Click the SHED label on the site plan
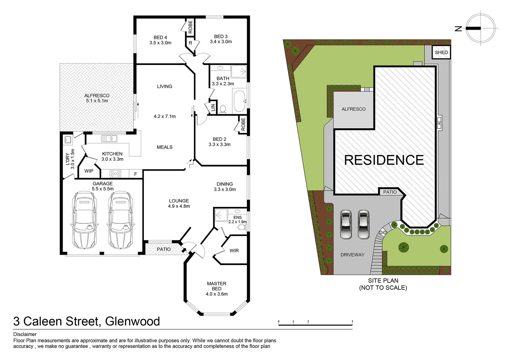[x=441, y=52]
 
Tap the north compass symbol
[x=480, y=28]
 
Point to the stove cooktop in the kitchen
[x=115, y=174]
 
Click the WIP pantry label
[x=89, y=171]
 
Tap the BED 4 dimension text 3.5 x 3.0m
[x=160, y=43]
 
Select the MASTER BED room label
[x=217, y=286]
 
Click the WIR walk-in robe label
[x=234, y=250]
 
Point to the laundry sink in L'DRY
[x=68, y=139]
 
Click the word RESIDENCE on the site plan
[x=384, y=160]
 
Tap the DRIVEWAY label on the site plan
[x=352, y=255]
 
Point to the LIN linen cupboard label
[x=213, y=108]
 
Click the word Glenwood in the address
[x=132, y=321]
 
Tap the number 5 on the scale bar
[x=352, y=322]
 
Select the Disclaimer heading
[x=25, y=334]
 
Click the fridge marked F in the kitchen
[x=135, y=174]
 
